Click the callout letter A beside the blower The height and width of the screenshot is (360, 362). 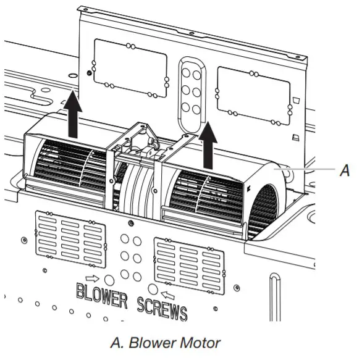coord(345,170)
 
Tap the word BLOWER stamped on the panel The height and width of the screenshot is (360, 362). coord(101,296)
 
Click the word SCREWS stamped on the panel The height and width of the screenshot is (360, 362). coord(162,309)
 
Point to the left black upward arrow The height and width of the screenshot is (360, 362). coord(73,114)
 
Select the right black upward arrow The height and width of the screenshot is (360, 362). coord(208,145)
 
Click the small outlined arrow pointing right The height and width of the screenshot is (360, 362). coord(92,278)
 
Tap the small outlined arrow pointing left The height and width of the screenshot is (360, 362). coord(167,295)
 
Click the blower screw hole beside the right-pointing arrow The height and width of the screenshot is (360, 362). coord(109,280)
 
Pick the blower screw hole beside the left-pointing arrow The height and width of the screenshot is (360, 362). coord(153,289)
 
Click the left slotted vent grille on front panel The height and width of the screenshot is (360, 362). coord(70,239)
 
